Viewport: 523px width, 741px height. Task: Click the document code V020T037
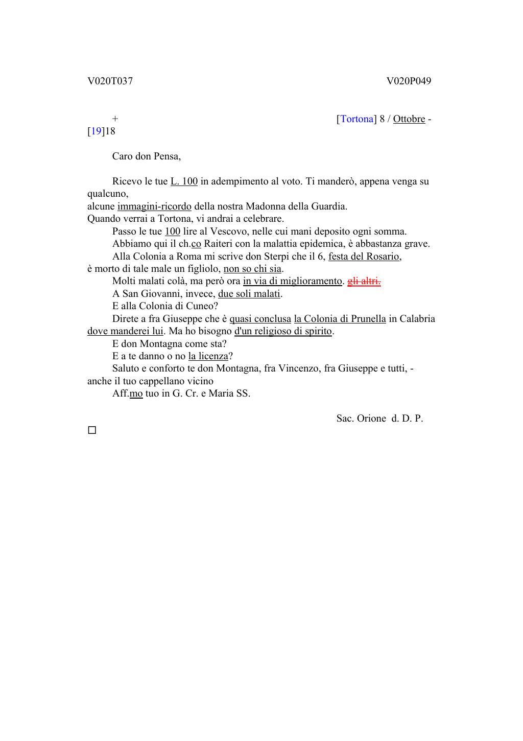110,81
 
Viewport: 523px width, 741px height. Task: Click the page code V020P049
409,81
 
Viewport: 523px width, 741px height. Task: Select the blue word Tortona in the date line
356,119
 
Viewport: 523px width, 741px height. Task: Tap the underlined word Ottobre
409,119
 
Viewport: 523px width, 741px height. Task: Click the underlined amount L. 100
184,181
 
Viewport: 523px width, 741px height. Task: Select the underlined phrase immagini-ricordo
154,206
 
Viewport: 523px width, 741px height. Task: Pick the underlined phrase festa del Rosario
364,257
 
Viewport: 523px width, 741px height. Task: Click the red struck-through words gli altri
364,281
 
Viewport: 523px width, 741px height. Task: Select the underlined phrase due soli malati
249,294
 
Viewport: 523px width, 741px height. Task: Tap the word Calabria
418,319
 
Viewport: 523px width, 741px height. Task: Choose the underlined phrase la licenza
208,356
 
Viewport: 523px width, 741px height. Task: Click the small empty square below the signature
92,430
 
